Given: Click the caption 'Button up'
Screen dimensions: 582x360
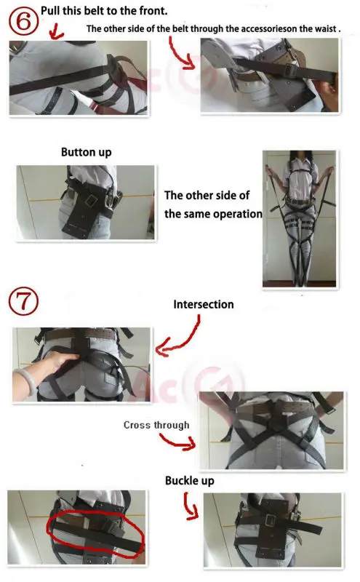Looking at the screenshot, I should pos(86,154).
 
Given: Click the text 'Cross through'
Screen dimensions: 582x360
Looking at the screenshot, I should pos(156,425).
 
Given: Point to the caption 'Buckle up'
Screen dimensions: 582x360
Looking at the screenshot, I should pos(189,481).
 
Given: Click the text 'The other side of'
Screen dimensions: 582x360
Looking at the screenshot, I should pos(208,196).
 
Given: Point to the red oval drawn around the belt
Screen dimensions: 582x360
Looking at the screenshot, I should pos(95,527).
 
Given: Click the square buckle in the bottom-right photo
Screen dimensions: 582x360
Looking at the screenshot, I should pos(270,520).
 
